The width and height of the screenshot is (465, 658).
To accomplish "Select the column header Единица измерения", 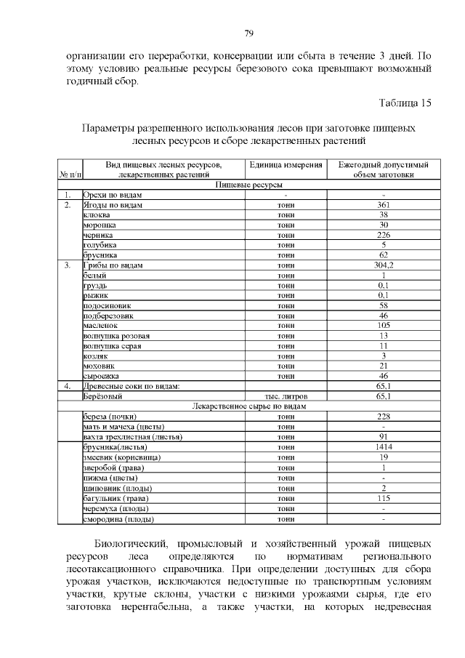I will (286, 165).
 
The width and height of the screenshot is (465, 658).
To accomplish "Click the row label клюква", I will (97, 215).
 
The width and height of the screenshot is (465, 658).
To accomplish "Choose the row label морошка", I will (100, 225).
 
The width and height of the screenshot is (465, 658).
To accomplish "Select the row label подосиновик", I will (107, 306).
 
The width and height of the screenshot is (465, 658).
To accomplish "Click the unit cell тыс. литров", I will (286, 396).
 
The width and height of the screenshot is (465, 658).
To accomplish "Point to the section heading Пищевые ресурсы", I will (250, 185).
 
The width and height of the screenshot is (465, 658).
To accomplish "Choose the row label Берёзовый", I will (102, 396).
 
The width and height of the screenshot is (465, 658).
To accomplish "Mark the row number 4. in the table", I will (66, 386).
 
